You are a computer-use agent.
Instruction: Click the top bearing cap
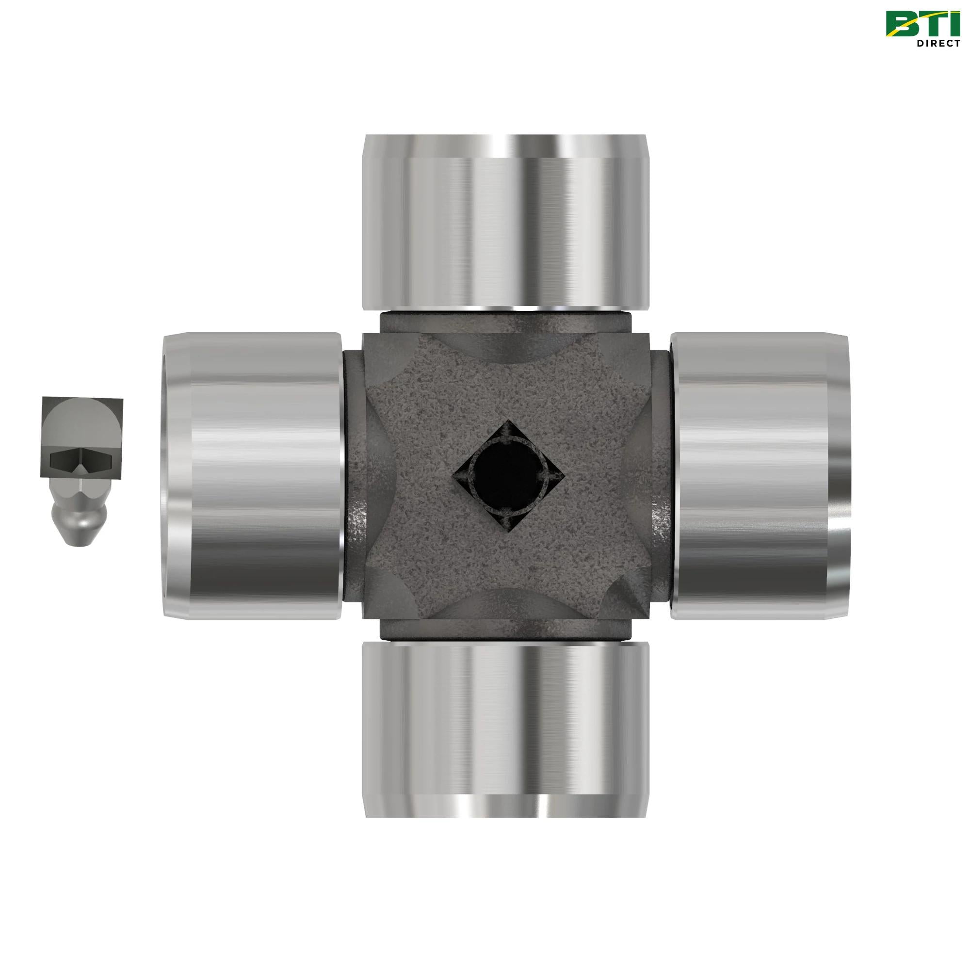click(x=505, y=221)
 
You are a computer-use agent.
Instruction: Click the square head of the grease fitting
click(x=81, y=438)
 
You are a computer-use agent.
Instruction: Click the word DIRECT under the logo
click(x=938, y=43)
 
